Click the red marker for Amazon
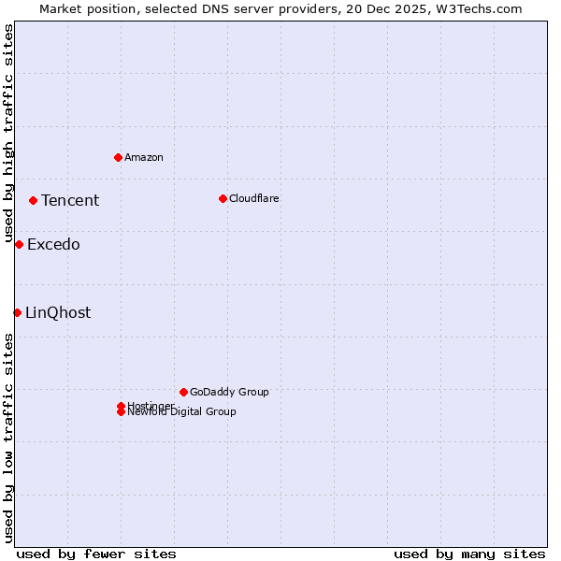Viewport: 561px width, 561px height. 118,157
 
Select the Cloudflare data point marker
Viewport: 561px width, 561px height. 223,198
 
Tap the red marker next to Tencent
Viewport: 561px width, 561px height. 33,200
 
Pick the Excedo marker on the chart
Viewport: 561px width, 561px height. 19,244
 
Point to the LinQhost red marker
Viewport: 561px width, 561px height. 17,312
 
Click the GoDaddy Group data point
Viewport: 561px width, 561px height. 183,392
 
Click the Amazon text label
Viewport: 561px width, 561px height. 144,157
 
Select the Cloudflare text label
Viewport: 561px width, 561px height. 254,198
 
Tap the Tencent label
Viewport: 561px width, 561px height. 70,200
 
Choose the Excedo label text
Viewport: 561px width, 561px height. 53,245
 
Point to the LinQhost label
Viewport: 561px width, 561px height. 58,313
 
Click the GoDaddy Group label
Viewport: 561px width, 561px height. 229,392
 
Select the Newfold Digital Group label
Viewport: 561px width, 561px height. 182,412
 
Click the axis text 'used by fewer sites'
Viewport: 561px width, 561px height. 96,554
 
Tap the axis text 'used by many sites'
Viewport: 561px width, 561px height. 469,554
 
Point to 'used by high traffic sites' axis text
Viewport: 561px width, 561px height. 8,131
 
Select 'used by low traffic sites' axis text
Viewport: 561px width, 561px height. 8,438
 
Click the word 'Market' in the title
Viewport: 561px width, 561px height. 60,8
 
